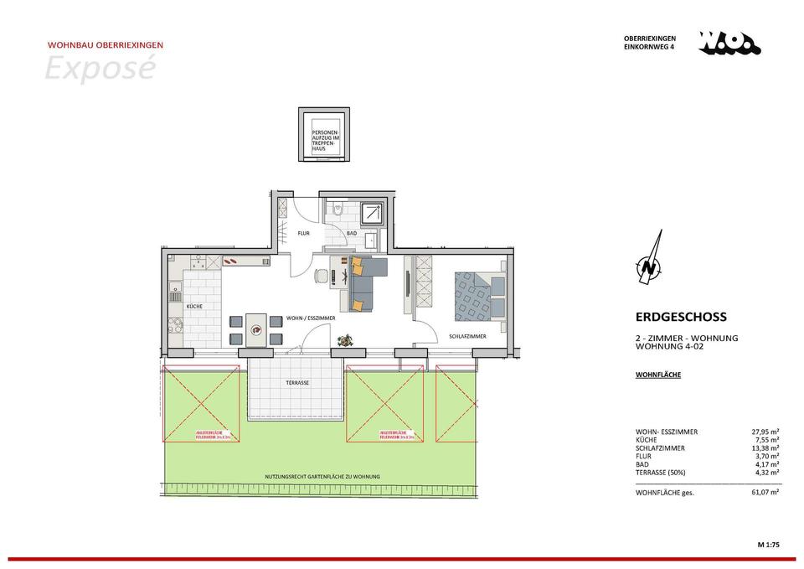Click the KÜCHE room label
(194, 307)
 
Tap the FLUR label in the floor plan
(305, 233)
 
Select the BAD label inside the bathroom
(352, 233)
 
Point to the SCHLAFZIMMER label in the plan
(467, 336)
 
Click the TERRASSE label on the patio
(297, 382)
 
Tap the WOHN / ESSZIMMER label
(311, 318)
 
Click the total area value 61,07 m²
(765, 493)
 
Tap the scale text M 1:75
(768, 546)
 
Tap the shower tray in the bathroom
(371, 215)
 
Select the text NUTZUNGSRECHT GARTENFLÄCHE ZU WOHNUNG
(322, 477)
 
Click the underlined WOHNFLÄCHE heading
(658, 375)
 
